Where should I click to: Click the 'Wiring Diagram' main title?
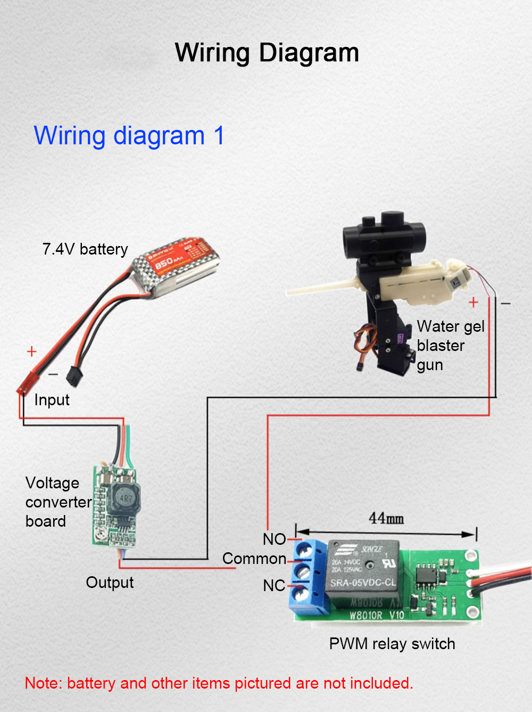267,53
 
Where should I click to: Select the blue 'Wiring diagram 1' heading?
129,136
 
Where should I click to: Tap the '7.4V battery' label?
85,249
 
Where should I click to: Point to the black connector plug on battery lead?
73,376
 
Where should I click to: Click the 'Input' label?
52,400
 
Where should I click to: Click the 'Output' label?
110,583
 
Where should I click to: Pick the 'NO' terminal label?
274,539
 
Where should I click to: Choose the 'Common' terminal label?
254,559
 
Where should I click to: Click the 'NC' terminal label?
274,586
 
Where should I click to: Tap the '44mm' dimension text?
386,518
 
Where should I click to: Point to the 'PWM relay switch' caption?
392,644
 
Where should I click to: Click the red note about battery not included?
219,683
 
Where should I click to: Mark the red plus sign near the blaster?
473,302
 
